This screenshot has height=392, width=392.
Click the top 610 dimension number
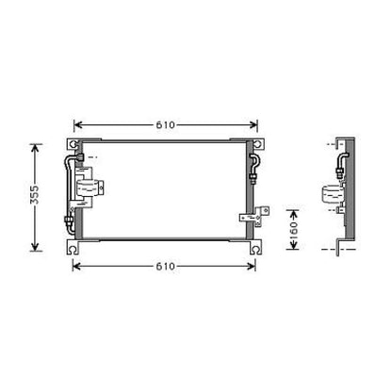[x=164, y=124]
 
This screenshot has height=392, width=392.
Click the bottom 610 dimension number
[x=164, y=266]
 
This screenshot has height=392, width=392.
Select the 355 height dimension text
[x=35, y=197]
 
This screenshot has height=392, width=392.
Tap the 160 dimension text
[x=294, y=227]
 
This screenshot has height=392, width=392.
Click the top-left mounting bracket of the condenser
[x=72, y=142]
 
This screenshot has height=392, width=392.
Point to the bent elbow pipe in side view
[x=336, y=166]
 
